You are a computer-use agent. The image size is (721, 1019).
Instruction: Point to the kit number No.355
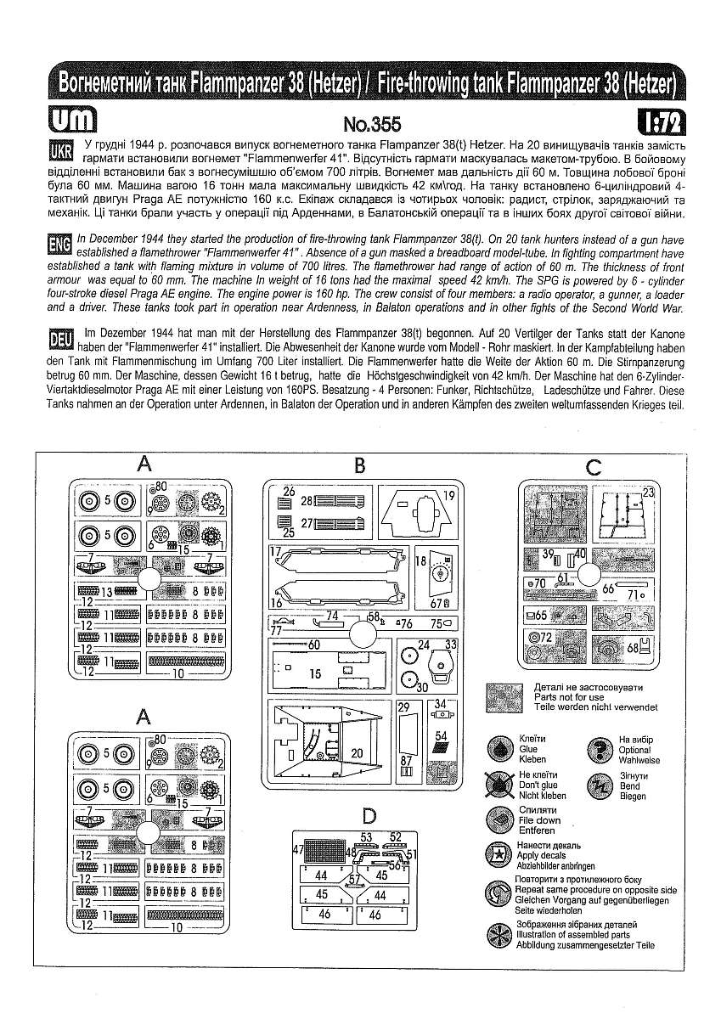pos(371,123)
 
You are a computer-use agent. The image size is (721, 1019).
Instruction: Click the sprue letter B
pos(359,464)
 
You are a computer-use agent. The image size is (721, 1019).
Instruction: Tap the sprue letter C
pos(593,466)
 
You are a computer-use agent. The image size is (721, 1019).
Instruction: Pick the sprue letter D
pos(369,816)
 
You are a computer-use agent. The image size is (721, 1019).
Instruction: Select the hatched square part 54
pos(441,747)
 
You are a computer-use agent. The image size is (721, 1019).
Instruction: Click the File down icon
pos(499,820)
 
